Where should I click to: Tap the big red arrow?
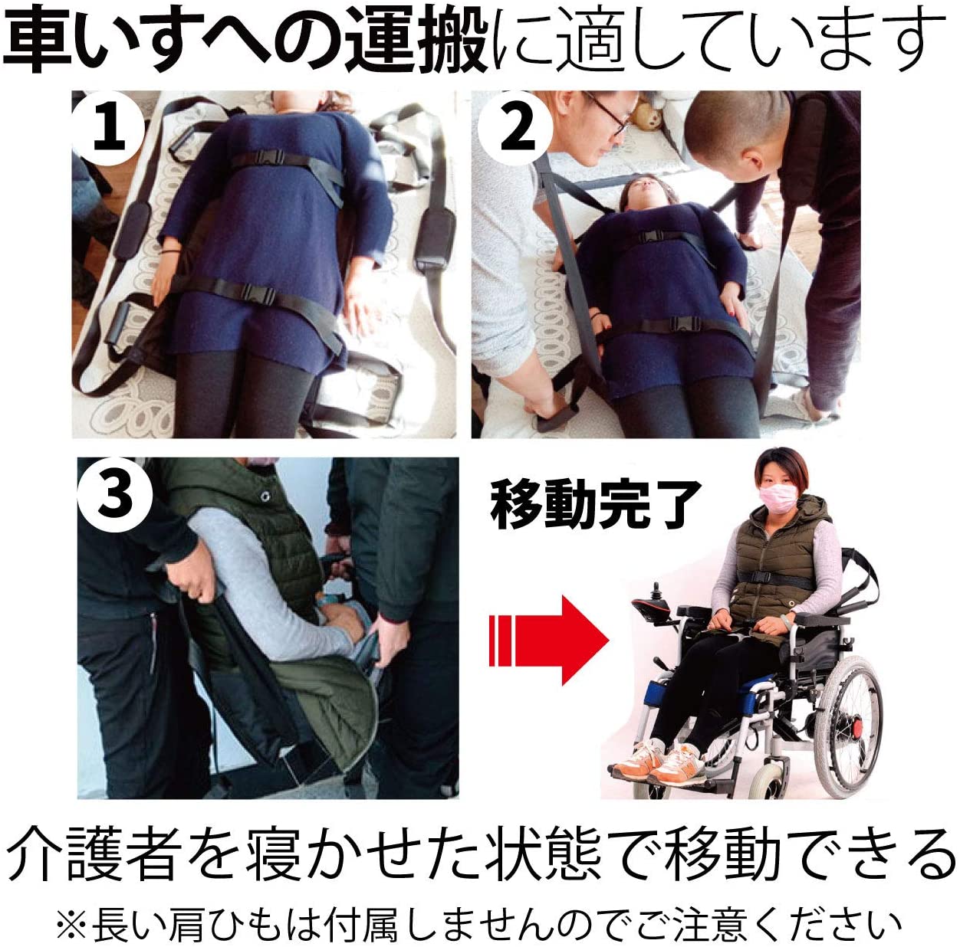pos(549,640)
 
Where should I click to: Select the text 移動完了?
pos(595,505)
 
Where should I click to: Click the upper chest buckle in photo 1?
pos(270,159)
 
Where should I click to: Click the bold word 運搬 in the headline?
pos(416,40)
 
